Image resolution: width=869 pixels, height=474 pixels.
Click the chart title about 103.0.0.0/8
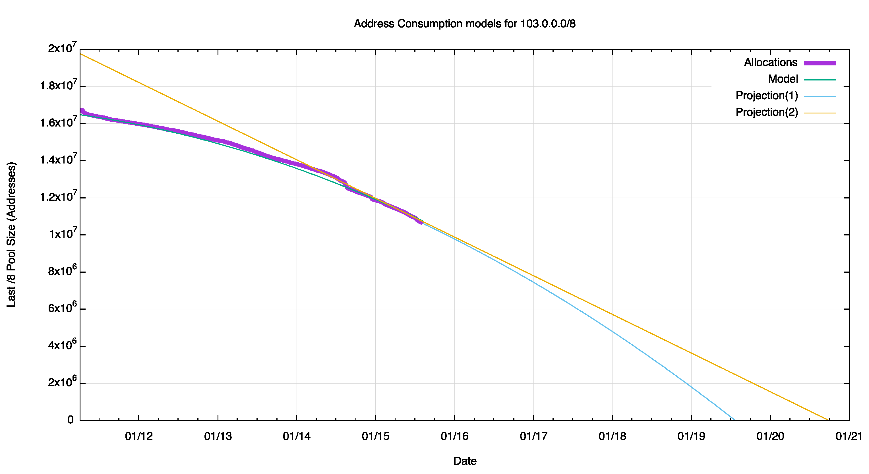(465, 24)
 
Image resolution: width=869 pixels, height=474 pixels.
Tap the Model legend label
(783, 79)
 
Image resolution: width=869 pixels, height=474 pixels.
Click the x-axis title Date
(465, 461)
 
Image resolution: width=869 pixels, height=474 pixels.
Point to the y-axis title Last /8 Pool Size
(11, 235)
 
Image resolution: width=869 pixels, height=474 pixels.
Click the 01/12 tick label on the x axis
(139, 436)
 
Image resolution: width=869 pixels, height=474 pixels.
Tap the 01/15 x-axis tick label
(375, 436)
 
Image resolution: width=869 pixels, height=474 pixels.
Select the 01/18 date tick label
(612, 436)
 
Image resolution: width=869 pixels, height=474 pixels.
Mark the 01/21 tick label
(849, 436)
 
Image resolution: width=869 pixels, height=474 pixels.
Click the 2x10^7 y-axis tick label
(62, 48)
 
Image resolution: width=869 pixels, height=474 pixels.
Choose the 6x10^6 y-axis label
(62, 308)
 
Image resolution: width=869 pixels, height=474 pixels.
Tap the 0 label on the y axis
(71, 420)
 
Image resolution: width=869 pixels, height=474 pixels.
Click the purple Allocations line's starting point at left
(82, 111)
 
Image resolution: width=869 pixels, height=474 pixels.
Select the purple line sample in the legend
(820, 63)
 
